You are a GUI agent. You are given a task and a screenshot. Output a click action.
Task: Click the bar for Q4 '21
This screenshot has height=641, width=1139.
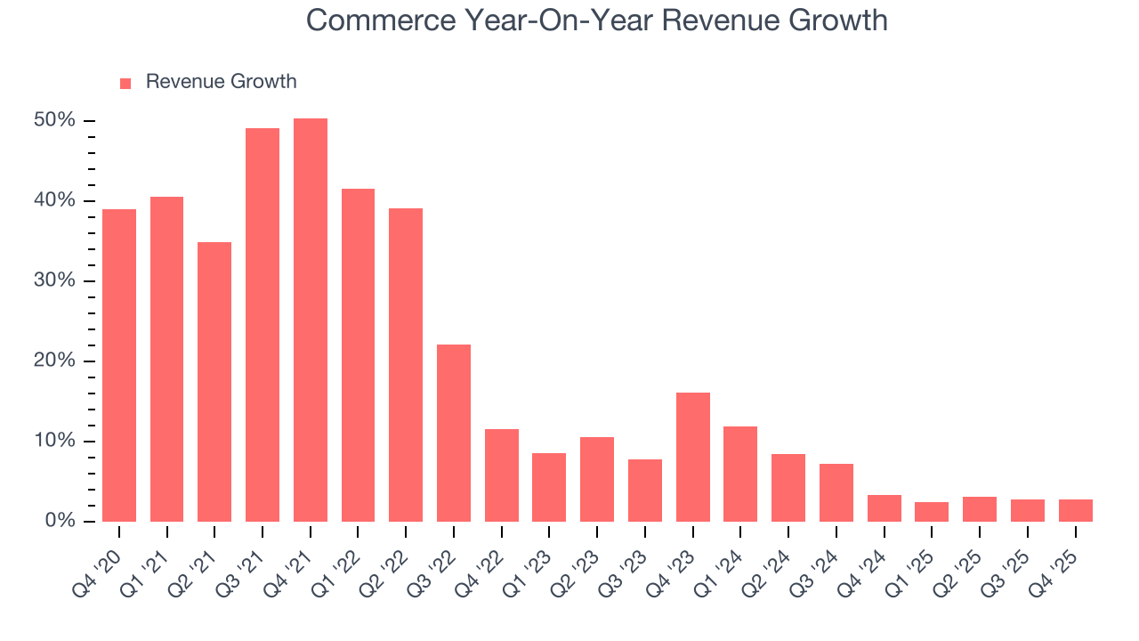click(x=311, y=320)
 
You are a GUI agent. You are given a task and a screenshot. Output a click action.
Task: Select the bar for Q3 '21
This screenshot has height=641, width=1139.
click(x=263, y=325)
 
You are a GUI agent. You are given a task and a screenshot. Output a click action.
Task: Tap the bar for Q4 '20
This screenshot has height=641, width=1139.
click(x=119, y=365)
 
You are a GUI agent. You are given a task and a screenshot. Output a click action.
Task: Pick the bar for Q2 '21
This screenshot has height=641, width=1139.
click(x=214, y=382)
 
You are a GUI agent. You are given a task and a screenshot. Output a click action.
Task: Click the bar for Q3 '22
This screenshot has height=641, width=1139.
click(x=454, y=433)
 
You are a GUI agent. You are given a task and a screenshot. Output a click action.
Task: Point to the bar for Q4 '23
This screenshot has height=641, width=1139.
click(x=693, y=457)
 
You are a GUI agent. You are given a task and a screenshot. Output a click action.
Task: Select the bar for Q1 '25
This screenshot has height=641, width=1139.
click(x=932, y=512)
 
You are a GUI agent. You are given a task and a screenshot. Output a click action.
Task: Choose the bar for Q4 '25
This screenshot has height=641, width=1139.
click(x=1075, y=510)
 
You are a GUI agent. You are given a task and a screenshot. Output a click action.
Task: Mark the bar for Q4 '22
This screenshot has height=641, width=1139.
click(x=502, y=475)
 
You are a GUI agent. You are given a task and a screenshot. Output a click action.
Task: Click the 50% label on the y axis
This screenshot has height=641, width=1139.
click(x=54, y=120)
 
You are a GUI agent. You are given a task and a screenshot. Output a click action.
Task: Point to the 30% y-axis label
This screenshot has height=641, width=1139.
click(x=54, y=280)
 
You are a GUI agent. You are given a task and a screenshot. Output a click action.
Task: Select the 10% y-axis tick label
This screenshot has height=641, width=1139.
click(x=54, y=441)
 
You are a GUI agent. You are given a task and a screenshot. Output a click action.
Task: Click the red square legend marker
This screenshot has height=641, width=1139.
click(x=125, y=83)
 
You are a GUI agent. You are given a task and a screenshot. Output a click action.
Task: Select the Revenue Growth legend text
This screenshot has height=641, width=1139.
click(x=221, y=82)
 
